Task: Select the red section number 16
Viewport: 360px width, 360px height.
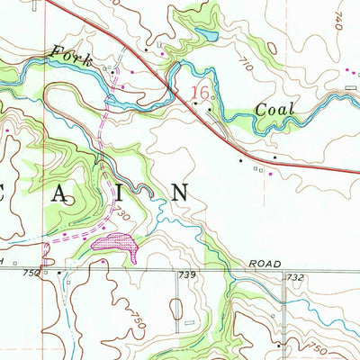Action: (202, 92)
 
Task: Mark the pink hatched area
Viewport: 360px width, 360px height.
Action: (112, 242)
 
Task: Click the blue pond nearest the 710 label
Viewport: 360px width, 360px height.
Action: (206, 37)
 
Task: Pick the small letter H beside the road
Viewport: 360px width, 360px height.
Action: (4, 260)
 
